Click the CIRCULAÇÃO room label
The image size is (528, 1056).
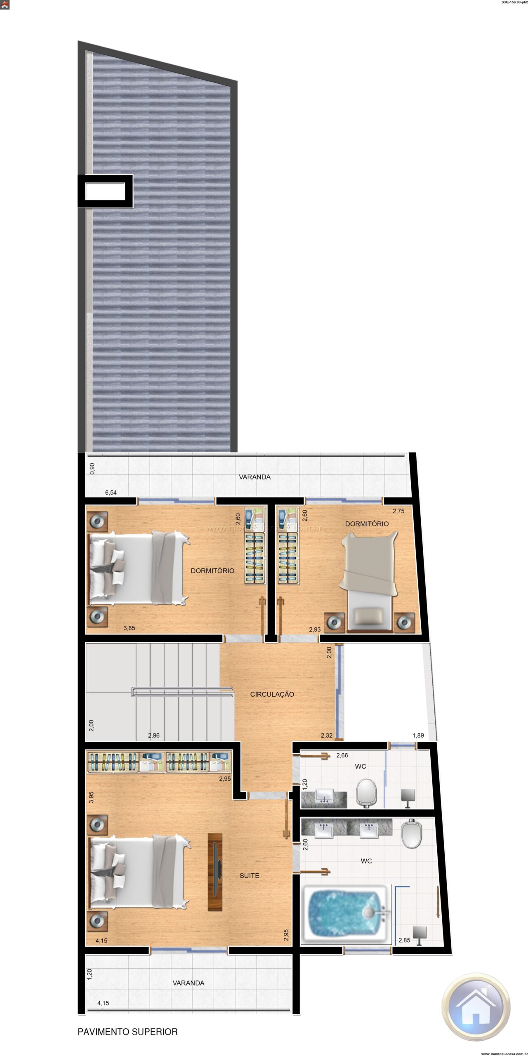coord(272,694)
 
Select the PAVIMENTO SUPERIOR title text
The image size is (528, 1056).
coord(127,1032)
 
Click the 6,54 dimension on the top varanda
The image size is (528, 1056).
coord(111,493)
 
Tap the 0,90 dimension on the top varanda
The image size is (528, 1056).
coord(92,469)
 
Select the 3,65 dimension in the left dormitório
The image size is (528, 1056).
coord(129,628)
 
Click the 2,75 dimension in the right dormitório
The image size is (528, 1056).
coord(398,511)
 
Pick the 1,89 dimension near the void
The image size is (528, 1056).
coord(418,735)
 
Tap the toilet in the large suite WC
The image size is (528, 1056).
coord(412,833)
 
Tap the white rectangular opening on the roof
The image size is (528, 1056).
coord(105,191)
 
